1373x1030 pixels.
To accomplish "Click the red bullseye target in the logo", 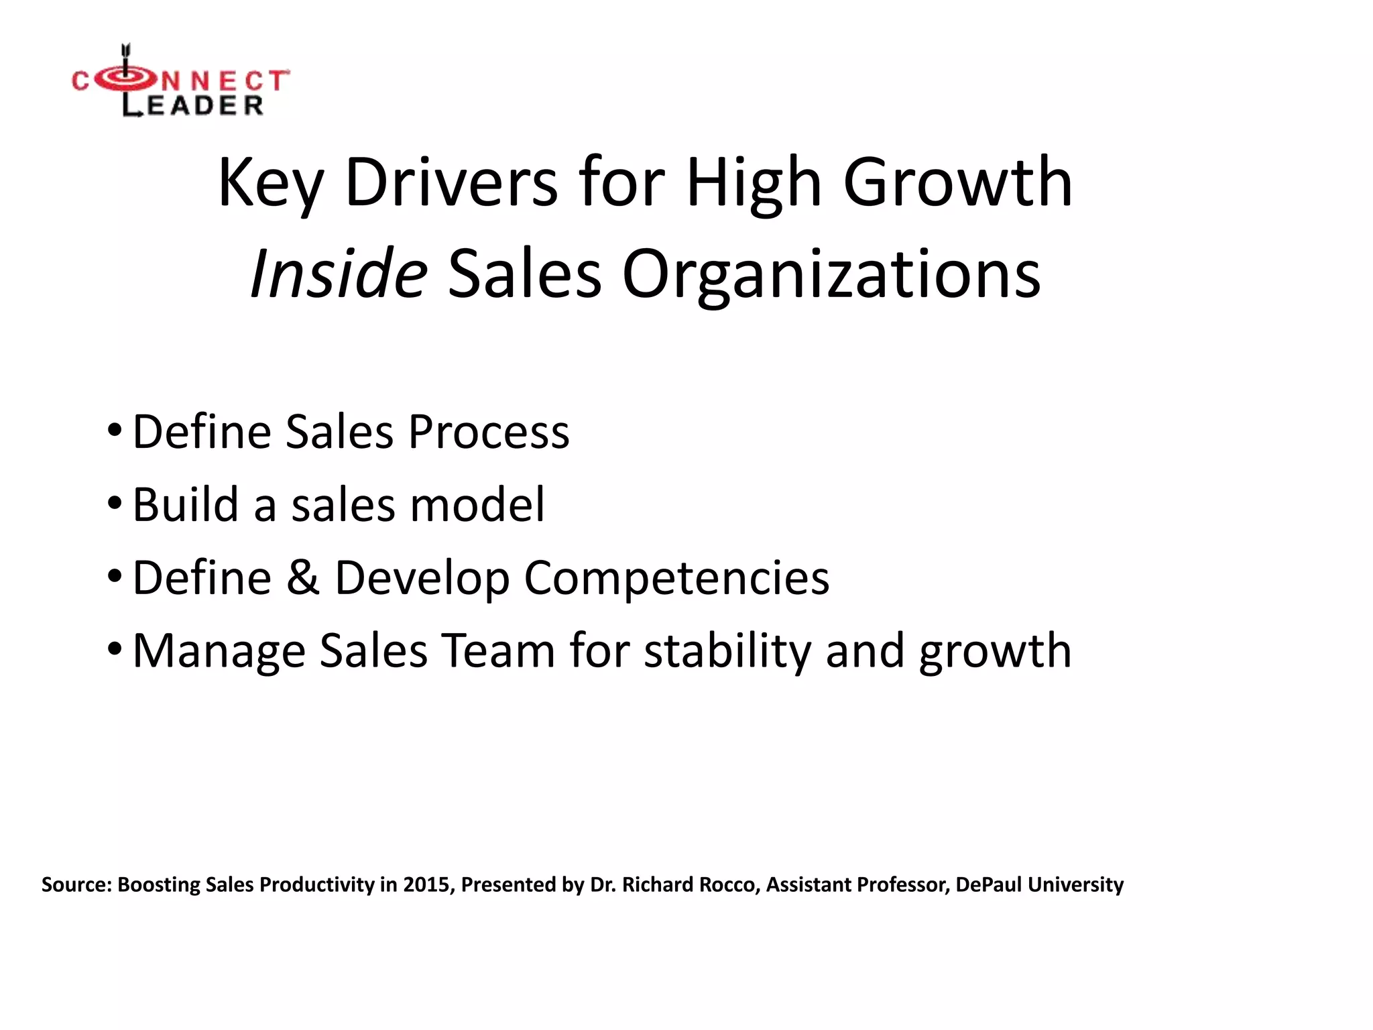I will click(125, 80).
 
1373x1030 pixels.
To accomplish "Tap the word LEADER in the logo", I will click(193, 105).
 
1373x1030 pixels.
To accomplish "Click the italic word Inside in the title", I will click(339, 274).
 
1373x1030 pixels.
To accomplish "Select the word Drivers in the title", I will click(451, 182).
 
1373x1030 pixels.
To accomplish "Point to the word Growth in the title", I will click(957, 182).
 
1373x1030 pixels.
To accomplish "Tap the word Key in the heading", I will click(271, 184).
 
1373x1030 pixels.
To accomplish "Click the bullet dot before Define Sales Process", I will click(115, 429).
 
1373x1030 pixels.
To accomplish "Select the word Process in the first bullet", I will click(489, 431).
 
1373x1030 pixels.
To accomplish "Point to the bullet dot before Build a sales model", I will click(115, 502).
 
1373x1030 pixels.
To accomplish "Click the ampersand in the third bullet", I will click(303, 577).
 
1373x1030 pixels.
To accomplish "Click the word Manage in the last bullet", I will click(219, 652).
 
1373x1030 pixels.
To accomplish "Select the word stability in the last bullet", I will click(727, 652).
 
